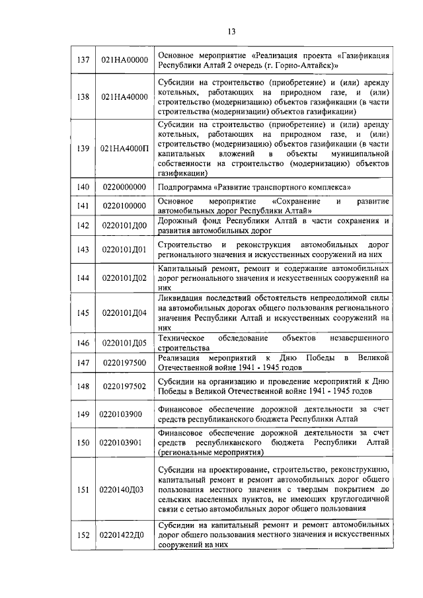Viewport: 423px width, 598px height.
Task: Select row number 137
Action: coord(83,60)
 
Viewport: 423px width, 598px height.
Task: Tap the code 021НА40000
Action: coord(124,97)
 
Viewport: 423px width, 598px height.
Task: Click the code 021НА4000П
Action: coord(124,148)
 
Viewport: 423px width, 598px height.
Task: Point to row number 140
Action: coord(83,187)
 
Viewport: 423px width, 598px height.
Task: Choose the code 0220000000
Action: coord(124,187)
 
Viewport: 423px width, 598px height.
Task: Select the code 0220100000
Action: coord(124,206)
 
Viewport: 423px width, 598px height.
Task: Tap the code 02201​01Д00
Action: coord(124,225)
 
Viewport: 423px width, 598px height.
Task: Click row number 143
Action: coord(83,249)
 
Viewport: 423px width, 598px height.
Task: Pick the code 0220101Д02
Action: coord(124,278)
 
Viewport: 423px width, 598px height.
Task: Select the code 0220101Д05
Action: coord(124,342)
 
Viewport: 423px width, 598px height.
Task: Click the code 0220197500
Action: coord(124,362)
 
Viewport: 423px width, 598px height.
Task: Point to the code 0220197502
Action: coord(124,386)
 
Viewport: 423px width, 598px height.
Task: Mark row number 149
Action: coord(83,414)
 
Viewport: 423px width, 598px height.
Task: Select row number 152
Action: coord(83,535)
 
